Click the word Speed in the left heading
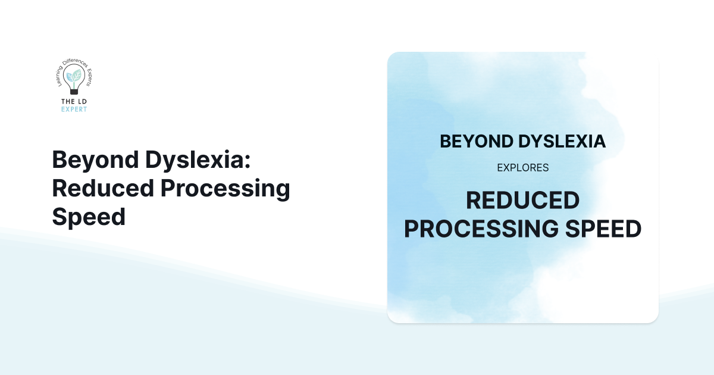pos(89,217)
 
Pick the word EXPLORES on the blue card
pos(522,168)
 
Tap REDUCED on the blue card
pos(522,201)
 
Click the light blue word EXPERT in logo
pos(74,110)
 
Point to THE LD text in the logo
pos(74,101)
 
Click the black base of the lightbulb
pos(74,93)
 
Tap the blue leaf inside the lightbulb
pos(70,77)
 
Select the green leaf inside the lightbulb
pos(77,75)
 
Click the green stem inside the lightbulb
pos(74,84)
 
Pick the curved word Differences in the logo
pos(73,62)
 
